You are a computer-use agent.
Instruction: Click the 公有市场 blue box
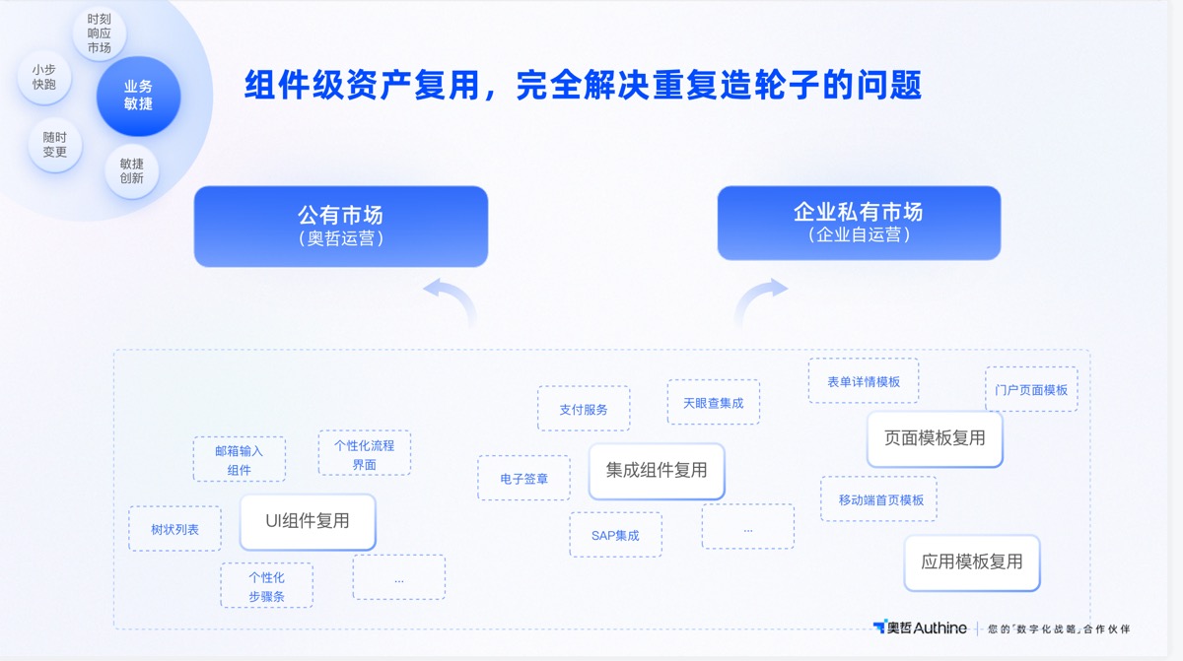pos(340,226)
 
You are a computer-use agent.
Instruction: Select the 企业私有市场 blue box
pos(858,223)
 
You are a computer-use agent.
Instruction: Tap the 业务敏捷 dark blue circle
pos(138,96)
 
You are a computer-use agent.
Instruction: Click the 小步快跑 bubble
pos(44,77)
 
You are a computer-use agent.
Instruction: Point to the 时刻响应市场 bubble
pos(99,33)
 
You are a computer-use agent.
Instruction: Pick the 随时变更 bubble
pos(55,145)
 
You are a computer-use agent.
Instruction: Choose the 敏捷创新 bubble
pos(132,171)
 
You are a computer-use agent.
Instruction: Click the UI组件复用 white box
pos(308,521)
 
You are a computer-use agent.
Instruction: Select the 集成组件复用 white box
pos(657,470)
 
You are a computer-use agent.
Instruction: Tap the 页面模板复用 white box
pos(935,438)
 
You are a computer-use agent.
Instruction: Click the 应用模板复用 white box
pos(972,562)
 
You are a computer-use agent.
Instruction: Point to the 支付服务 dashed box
pos(584,409)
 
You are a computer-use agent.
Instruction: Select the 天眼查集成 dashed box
pos(713,403)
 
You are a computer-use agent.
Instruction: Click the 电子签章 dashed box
pos(523,479)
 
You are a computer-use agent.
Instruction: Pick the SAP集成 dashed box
pos(615,535)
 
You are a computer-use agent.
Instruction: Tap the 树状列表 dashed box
pos(174,529)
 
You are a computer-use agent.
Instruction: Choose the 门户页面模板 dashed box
pos(1031,389)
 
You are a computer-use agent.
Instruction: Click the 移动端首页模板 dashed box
pos(879,499)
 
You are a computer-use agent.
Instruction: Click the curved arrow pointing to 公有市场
pos(449,300)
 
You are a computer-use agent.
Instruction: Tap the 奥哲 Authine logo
pos(920,628)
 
